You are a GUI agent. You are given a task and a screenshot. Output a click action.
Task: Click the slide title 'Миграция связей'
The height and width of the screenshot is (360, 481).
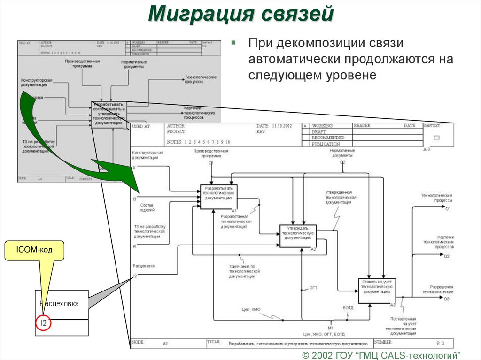tap(240, 14)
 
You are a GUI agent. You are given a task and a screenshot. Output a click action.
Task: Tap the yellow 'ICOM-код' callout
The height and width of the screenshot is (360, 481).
tap(34, 251)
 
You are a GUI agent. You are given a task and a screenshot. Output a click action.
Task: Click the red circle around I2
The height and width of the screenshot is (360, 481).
tap(43, 323)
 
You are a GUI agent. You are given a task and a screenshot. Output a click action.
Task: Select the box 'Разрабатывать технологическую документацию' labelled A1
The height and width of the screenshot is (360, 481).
tap(219, 196)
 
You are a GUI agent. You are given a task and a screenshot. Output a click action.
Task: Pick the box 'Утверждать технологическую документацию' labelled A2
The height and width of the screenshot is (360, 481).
tap(298, 235)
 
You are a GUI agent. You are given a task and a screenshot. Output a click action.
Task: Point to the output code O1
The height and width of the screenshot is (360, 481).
tap(448, 208)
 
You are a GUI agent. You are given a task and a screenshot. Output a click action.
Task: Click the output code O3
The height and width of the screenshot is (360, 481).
tap(447, 299)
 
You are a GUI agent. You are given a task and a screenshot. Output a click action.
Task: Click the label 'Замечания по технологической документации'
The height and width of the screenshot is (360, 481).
tap(242, 271)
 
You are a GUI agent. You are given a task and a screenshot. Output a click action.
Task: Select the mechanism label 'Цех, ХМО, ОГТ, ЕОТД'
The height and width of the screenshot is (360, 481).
tap(324, 334)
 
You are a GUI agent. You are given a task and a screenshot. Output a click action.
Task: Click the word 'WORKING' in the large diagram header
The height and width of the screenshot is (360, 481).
tap(323, 126)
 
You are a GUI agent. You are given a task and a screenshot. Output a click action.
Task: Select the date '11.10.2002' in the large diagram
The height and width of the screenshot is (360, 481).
tap(281, 126)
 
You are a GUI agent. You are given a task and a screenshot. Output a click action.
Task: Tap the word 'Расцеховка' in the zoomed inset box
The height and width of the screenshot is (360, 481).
tap(59, 304)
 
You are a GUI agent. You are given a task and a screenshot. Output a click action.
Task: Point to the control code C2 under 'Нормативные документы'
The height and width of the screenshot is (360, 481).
tap(342, 162)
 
